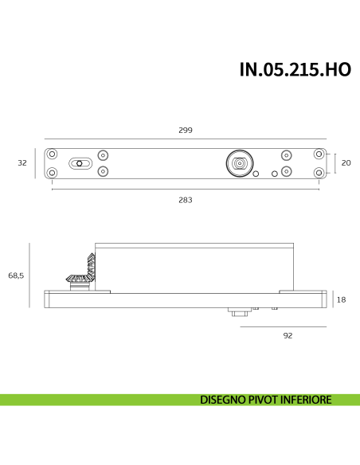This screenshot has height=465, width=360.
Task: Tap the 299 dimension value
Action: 186,130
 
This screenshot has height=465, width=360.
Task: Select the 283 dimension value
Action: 186,200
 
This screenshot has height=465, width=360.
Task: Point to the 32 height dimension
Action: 22,163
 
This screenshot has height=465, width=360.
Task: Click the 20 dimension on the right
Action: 346,163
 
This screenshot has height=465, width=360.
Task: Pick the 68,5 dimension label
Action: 17,275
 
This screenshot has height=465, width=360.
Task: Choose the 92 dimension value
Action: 288,335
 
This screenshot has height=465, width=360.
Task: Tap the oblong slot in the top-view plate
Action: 79,163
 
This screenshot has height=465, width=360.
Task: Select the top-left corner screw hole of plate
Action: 52,154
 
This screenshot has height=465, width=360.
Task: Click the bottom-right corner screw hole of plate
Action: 319,172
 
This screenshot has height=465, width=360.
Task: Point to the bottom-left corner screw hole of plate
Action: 52,173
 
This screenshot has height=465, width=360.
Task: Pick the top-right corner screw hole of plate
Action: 319,154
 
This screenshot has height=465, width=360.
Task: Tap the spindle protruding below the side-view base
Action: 237,313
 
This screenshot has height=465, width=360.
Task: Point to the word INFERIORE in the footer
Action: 303,400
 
